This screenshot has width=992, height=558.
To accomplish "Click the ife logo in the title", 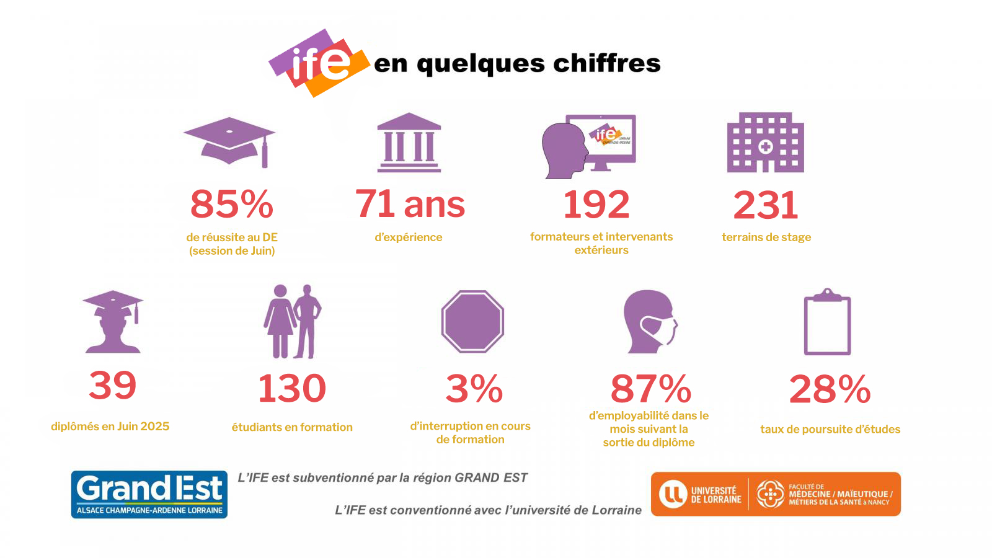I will [319, 62].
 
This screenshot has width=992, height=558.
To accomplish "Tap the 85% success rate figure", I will [231, 204].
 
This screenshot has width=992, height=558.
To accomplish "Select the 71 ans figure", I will [409, 204].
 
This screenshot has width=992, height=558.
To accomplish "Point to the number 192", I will [596, 205].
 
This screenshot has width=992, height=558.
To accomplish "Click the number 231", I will [766, 205].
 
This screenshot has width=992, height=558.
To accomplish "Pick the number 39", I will [112, 385].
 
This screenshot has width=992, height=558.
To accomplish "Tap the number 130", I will [291, 388].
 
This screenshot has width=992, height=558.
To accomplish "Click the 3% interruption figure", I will [474, 389].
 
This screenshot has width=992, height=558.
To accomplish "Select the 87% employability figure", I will [650, 389].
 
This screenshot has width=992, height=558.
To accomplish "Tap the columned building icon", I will [409, 143].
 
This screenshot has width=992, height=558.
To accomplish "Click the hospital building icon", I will [765, 143].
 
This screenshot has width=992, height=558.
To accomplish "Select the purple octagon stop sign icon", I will [472, 321].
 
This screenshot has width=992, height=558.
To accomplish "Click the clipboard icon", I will [827, 322].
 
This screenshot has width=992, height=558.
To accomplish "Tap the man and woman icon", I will [293, 321].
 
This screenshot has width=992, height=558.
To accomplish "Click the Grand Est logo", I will [149, 494].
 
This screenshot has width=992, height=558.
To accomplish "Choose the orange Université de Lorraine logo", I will [776, 494].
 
